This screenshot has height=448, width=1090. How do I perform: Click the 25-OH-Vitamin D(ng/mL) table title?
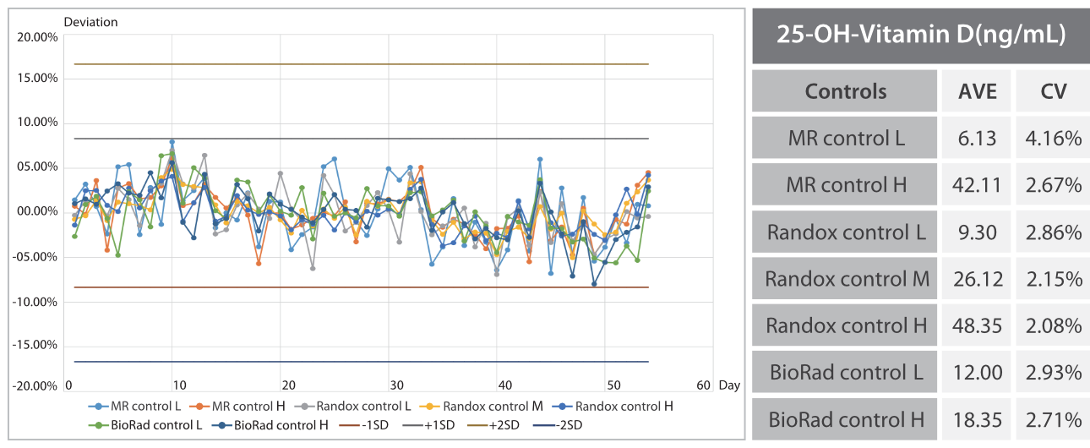[x=919, y=36]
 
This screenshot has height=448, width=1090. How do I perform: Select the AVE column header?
[x=977, y=91]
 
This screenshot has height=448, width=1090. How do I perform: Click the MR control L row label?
[x=845, y=138]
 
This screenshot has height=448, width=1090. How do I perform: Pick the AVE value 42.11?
[x=977, y=184]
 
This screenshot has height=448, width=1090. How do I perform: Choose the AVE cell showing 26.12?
[x=977, y=278]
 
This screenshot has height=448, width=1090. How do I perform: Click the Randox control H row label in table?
[x=845, y=325]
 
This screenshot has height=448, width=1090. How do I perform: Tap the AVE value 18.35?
[x=977, y=418]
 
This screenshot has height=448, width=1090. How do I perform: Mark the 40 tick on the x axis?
[x=504, y=385]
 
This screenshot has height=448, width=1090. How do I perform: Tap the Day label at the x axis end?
[x=729, y=385]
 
